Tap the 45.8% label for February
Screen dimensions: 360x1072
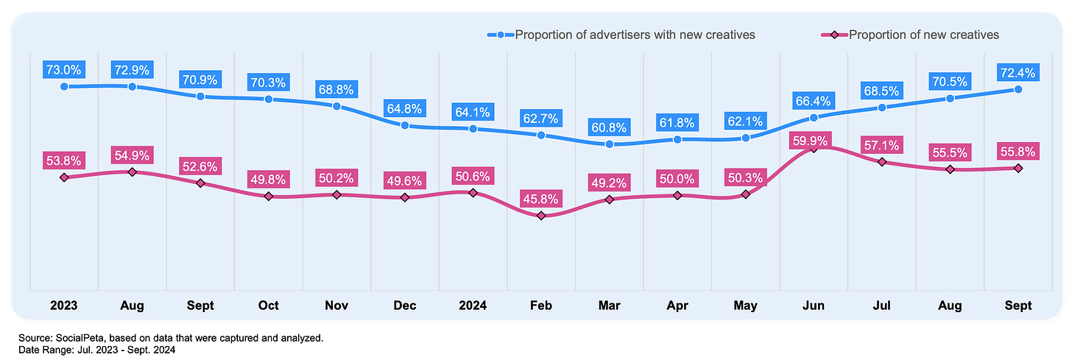tap(541, 198)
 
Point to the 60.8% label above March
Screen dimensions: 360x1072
tap(609, 127)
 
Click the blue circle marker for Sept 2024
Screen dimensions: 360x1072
tap(1018, 89)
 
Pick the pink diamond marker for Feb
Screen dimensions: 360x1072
tap(541, 216)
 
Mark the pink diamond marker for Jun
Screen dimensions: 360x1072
tap(814, 149)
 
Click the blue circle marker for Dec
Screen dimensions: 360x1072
tap(405, 125)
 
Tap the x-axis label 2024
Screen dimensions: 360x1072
tap(473, 305)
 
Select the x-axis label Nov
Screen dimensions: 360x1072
tap(336, 305)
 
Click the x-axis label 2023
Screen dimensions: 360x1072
tap(63, 305)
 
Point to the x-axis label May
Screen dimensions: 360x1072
tap(745, 305)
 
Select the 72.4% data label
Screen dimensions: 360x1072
tap(1018, 72)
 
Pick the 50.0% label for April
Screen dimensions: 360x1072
tap(677, 178)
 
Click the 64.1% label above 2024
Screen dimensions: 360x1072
tap(473, 112)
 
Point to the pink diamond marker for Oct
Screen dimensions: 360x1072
tap(269, 197)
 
